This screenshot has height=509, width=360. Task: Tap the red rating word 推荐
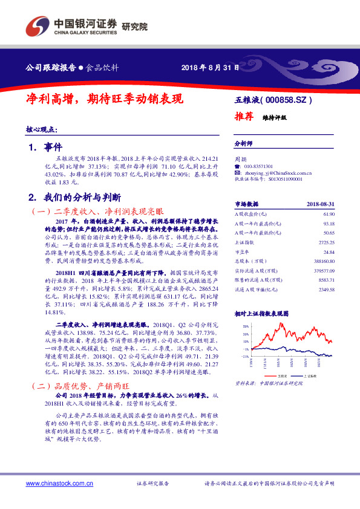pos(243,117)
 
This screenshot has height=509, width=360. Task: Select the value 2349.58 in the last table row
pos(327,289)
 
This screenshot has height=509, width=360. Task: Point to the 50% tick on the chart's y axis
pos(245,326)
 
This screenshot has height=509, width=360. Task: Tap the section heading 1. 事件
pos(45,147)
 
